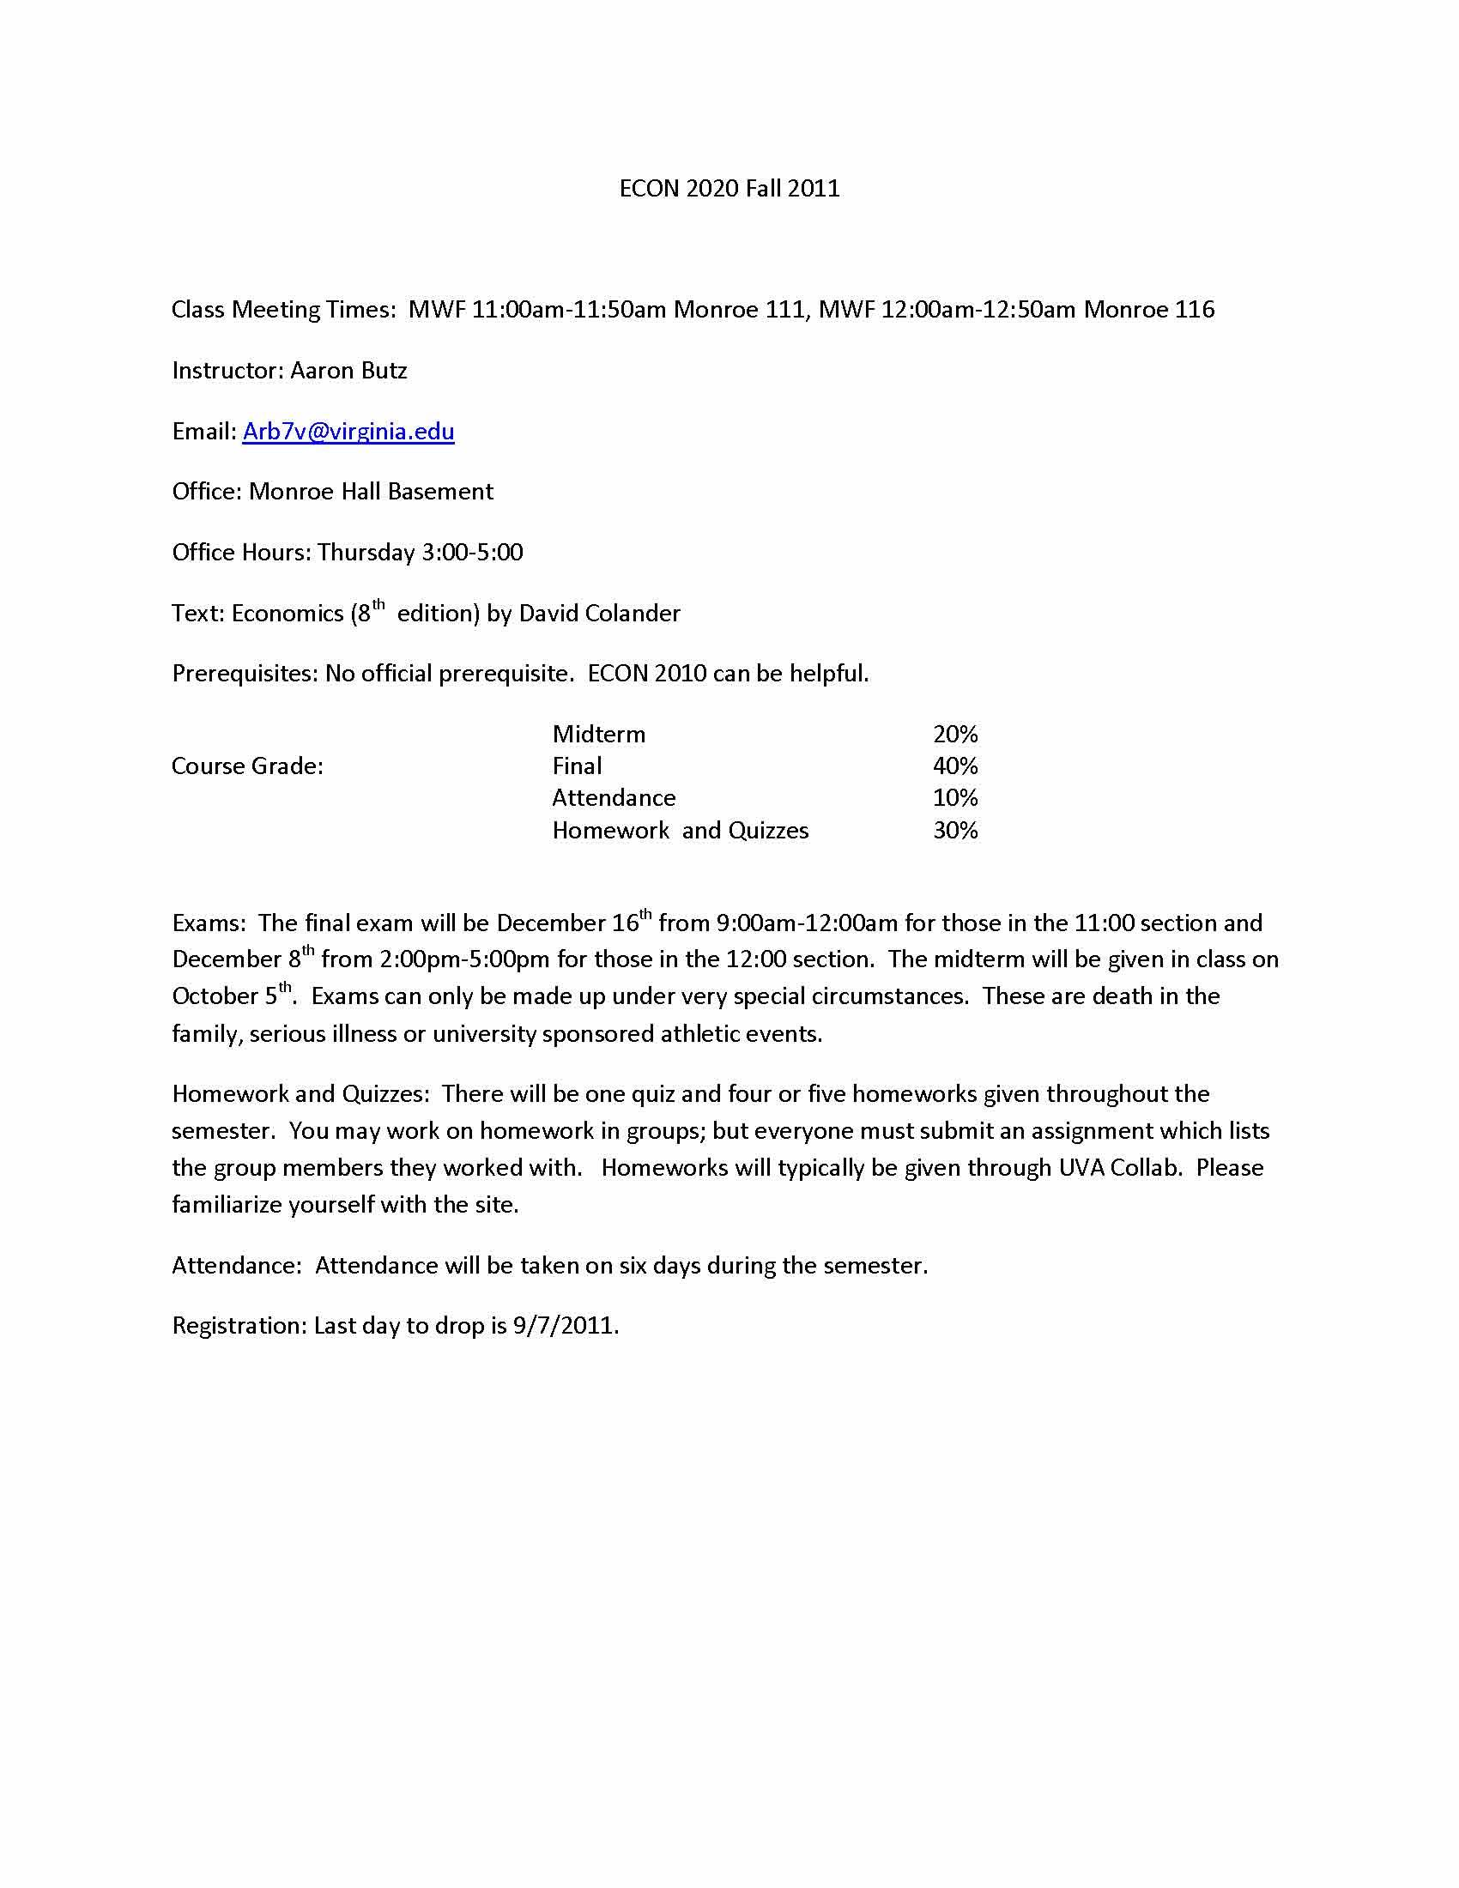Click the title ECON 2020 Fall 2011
click(729, 189)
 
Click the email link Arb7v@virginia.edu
click(348, 432)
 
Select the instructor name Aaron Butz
click(348, 371)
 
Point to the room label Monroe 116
click(1148, 310)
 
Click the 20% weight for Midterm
click(955, 735)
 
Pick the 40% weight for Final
click(955, 766)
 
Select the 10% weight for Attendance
click(955, 798)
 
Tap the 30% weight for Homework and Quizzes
click(955, 831)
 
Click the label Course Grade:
click(247, 766)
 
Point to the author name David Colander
click(599, 614)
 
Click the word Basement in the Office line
click(439, 492)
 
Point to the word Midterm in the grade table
click(598, 735)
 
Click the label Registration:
click(239, 1326)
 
